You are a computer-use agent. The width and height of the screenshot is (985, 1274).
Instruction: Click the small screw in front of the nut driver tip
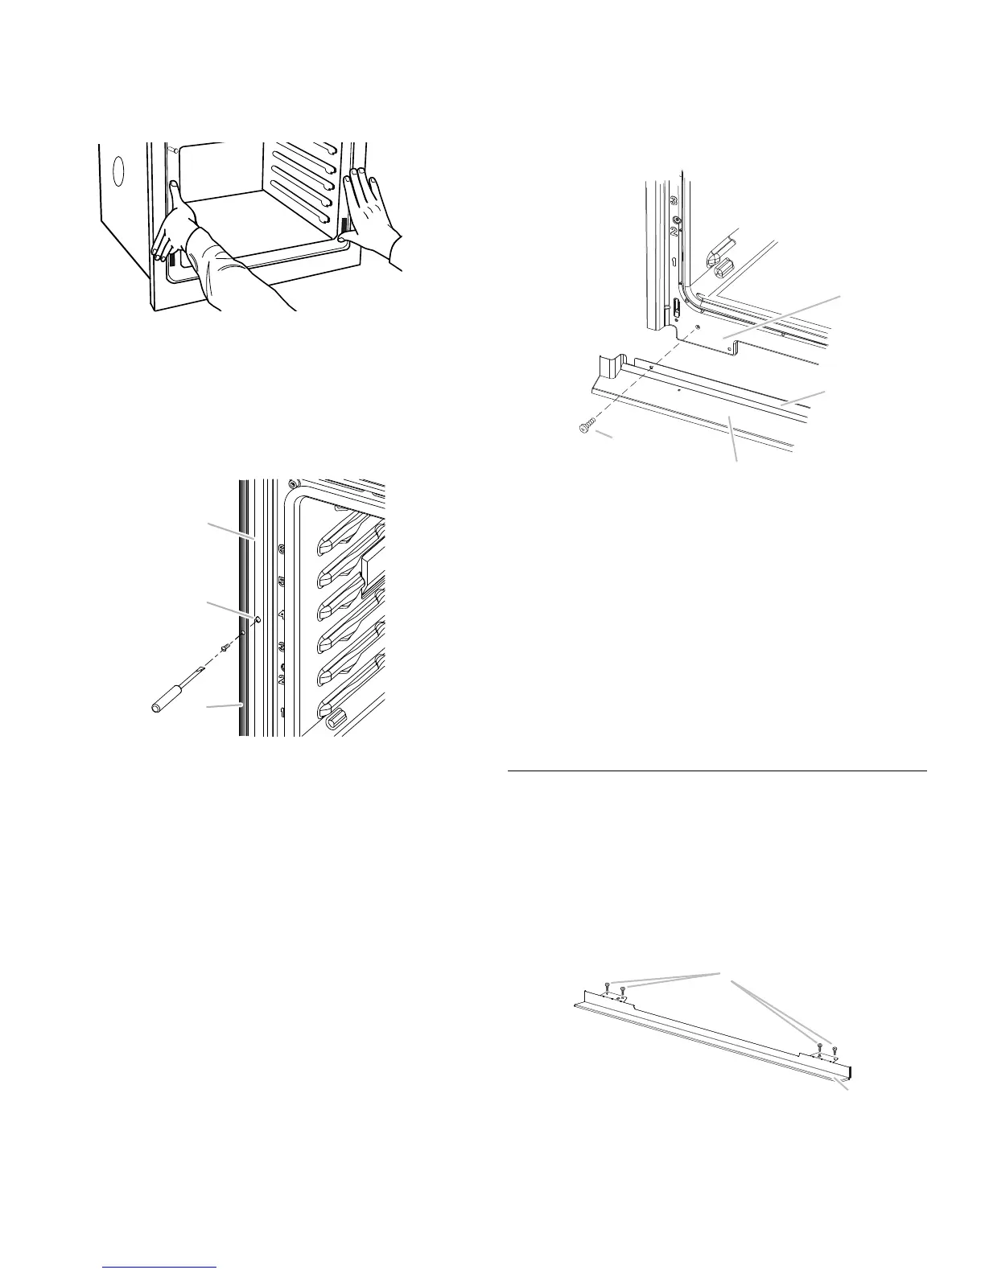point(226,648)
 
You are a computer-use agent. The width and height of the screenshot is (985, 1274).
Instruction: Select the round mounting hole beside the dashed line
point(257,619)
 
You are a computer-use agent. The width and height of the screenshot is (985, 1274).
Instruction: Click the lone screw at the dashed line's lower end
point(585,429)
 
